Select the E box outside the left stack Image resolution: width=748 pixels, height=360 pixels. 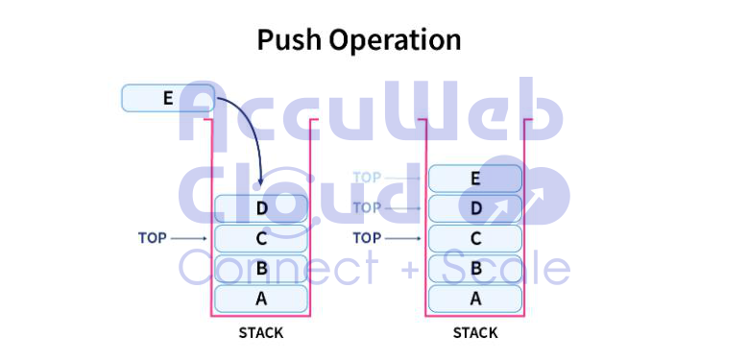[168, 97]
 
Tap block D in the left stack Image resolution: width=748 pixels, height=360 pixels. [261, 207]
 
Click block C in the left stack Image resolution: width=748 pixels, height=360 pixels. [261, 238]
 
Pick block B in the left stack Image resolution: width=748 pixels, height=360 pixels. [261, 268]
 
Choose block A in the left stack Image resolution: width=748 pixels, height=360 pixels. [261, 298]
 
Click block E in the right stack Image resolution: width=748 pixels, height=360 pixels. [475, 178]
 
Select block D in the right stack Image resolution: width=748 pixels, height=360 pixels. [475, 208]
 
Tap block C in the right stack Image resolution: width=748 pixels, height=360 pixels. [475, 238]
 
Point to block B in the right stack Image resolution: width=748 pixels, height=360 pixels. [475, 268]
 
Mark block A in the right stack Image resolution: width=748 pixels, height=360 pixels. [475, 298]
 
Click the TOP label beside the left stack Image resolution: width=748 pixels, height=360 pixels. [153, 237]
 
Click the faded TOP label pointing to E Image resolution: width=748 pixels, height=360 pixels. [368, 178]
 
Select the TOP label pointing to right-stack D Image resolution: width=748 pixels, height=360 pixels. [368, 207]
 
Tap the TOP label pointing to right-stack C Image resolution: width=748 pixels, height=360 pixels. [368, 237]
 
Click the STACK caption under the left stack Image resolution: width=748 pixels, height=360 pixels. [261, 333]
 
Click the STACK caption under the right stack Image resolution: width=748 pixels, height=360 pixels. [475, 333]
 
